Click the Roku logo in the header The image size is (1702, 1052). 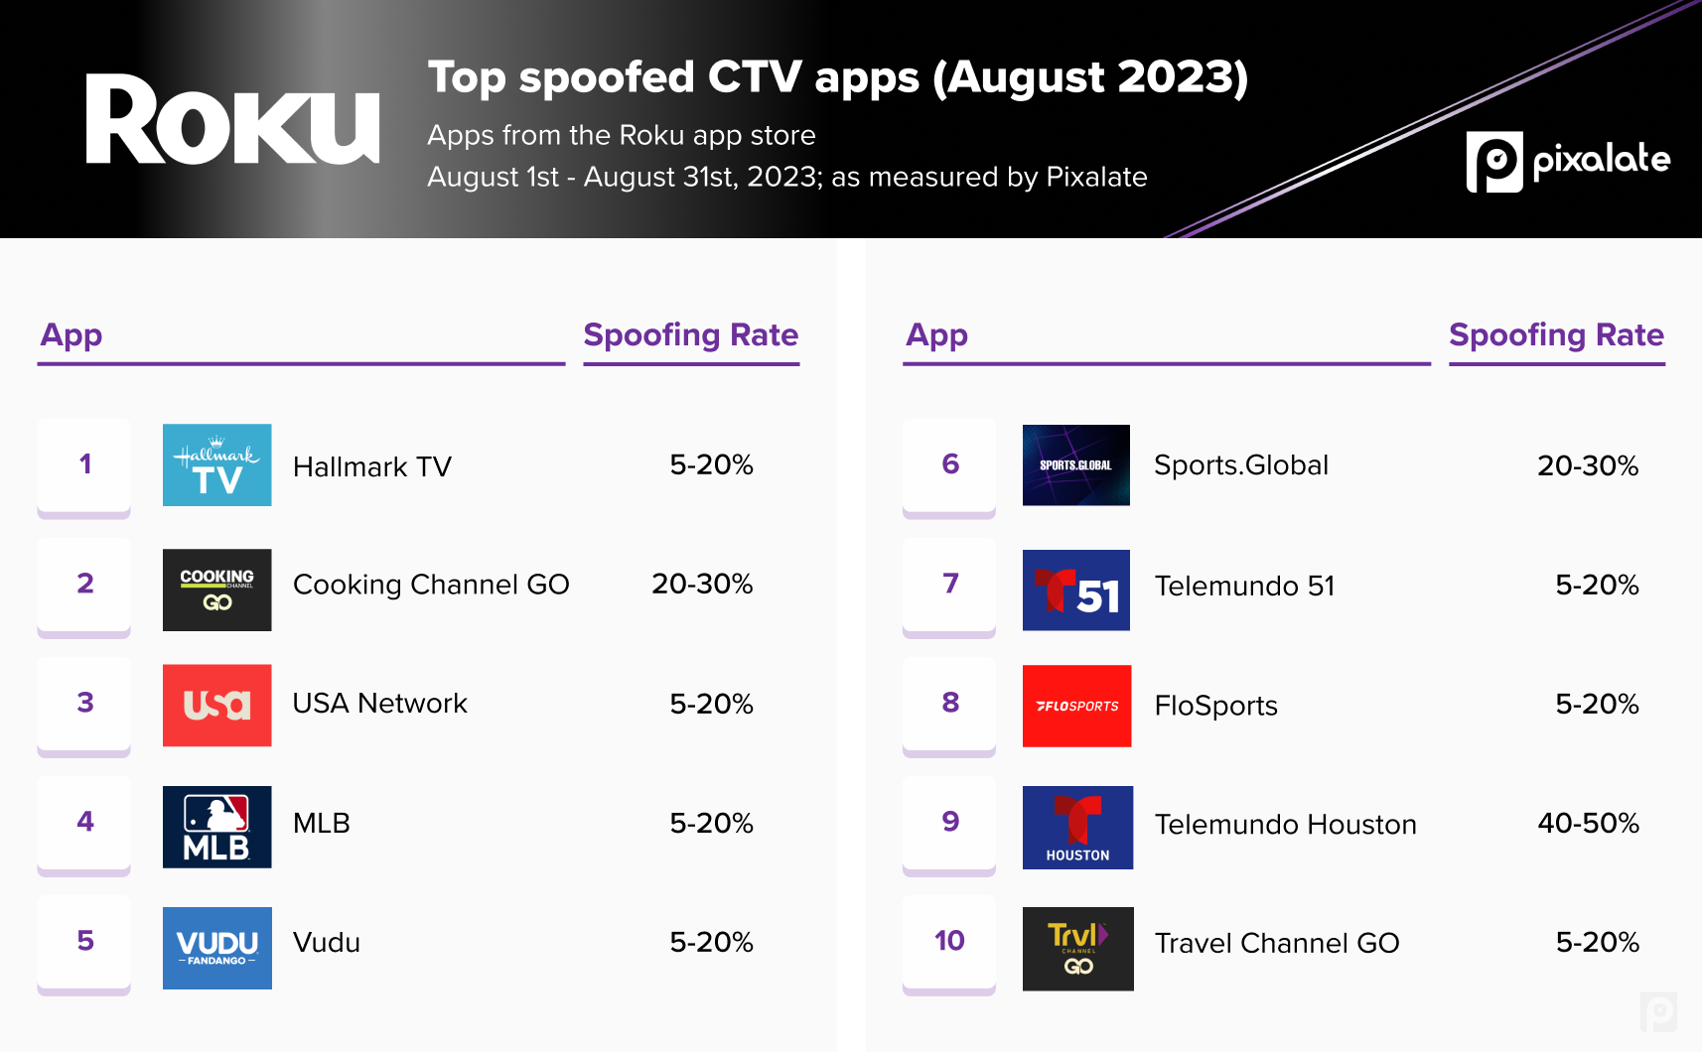click(x=232, y=120)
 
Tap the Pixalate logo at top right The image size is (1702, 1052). click(x=1567, y=161)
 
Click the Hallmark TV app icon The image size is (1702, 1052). click(x=216, y=464)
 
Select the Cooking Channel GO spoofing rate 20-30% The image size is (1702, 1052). click(x=701, y=584)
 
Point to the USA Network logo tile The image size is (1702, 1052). click(x=216, y=705)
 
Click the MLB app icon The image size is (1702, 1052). click(x=216, y=827)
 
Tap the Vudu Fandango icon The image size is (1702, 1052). click(x=216, y=948)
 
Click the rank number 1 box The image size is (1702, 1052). click(x=84, y=464)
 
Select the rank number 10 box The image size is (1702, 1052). click(x=949, y=941)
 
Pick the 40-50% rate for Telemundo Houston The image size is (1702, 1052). click(x=1588, y=823)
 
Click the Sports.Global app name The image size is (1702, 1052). click(x=1240, y=465)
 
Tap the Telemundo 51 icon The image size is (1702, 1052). click(x=1076, y=590)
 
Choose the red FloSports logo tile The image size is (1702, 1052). click(x=1076, y=706)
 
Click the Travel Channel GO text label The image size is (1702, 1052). click(x=1276, y=943)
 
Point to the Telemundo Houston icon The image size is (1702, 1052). click(x=1077, y=827)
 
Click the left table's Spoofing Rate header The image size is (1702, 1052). click(x=690, y=335)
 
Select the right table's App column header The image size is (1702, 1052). click(x=936, y=335)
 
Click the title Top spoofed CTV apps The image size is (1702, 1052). click(x=837, y=77)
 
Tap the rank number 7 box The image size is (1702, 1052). click(x=949, y=584)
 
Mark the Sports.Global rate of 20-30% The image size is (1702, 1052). click(x=1587, y=465)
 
